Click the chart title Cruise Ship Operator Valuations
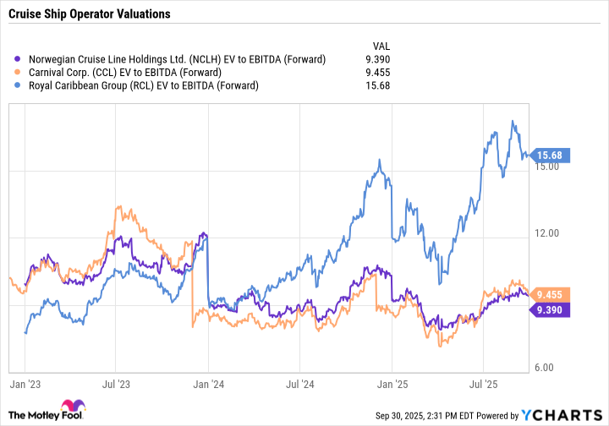pyautogui.click(x=90, y=14)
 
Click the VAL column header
pyautogui.click(x=381, y=46)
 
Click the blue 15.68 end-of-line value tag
pyautogui.click(x=558, y=155)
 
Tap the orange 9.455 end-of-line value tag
pyautogui.click(x=558, y=295)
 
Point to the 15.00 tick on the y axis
pyautogui.click(x=551, y=167)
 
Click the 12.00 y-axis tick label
pyautogui.click(x=551, y=233)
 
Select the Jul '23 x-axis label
pyautogui.click(x=116, y=384)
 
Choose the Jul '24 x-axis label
pyautogui.click(x=300, y=384)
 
